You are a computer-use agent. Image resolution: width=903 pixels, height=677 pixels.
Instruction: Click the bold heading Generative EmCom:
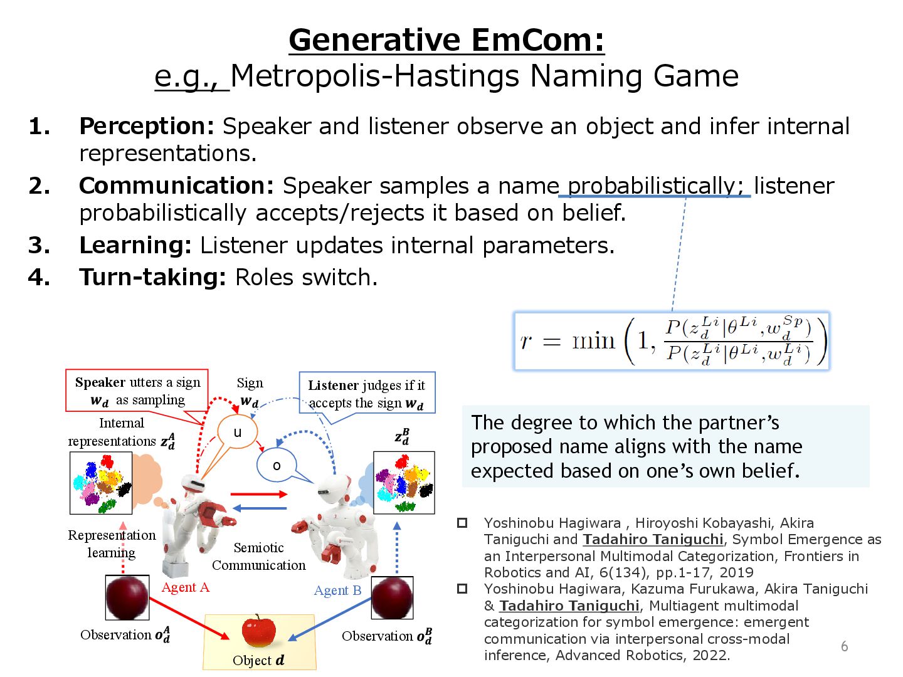(x=446, y=40)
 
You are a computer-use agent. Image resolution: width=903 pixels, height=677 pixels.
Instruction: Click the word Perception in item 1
(x=146, y=126)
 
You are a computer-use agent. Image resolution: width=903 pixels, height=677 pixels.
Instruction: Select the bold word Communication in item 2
(x=176, y=186)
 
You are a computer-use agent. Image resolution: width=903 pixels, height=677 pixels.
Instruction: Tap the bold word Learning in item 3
(x=135, y=245)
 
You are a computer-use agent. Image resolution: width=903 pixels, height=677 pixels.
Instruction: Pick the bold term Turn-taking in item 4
(x=152, y=277)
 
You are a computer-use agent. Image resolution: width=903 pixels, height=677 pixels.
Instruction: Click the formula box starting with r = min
(x=672, y=341)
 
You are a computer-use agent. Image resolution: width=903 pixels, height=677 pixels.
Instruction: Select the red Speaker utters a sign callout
(x=137, y=391)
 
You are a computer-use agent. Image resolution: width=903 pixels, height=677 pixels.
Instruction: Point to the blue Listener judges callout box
(x=367, y=394)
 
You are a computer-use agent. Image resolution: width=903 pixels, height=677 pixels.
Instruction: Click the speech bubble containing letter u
(x=237, y=432)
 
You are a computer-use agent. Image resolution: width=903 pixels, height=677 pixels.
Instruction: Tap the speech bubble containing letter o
(x=276, y=465)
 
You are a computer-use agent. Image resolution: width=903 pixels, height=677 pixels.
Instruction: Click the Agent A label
(x=185, y=587)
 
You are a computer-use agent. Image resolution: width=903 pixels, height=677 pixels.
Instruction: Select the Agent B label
(x=337, y=590)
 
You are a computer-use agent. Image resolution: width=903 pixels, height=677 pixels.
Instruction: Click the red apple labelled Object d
(x=258, y=631)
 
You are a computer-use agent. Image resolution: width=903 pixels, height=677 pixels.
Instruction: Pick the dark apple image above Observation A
(x=127, y=597)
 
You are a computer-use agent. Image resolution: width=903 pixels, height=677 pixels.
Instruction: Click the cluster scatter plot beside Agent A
(x=101, y=483)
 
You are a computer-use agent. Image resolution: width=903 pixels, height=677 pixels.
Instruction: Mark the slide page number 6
(x=844, y=646)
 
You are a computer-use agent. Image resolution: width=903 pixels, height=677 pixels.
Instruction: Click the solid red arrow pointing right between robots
(x=258, y=494)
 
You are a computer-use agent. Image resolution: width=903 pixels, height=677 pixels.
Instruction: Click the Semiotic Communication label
(x=258, y=557)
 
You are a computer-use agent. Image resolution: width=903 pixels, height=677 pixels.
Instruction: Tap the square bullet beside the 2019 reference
(x=462, y=523)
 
